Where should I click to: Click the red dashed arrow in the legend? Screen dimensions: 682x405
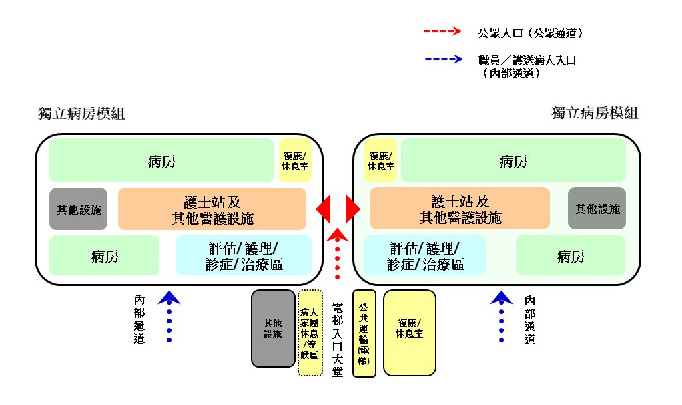click(x=442, y=31)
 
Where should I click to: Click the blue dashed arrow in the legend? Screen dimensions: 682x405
click(x=444, y=59)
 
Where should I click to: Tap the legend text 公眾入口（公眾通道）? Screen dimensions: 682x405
click(x=530, y=33)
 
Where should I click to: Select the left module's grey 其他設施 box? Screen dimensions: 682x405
click(x=78, y=209)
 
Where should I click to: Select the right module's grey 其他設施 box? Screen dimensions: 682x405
click(x=597, y=209)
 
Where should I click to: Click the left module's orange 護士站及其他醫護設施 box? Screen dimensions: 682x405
click(x=212, y=209)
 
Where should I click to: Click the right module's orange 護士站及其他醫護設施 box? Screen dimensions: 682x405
click(x=460, y=208)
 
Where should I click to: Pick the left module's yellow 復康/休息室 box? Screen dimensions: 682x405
click(x=296, y=160)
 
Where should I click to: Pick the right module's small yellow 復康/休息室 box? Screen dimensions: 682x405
click(x=380, y=160)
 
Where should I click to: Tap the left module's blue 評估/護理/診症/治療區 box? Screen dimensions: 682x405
click(x=244, y=255)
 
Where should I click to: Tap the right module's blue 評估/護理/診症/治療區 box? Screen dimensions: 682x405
click(x=425, y=255)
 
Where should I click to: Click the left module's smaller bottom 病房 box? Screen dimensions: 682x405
click(x=104, y=255)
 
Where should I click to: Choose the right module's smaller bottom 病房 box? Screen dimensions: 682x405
click(x=570, y=255)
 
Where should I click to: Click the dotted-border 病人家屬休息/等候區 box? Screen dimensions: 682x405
click(x=310, y=333)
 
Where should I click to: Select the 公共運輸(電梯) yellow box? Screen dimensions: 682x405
click(x=364, y=333)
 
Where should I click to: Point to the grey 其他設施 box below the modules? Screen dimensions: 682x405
click(x=273, y=329)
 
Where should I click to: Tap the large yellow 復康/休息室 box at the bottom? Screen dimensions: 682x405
click(x=409, y=333)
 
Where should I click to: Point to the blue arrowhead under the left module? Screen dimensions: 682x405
click(x=169, y=298)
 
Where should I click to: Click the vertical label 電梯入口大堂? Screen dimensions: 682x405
click(x=338, y=340)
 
